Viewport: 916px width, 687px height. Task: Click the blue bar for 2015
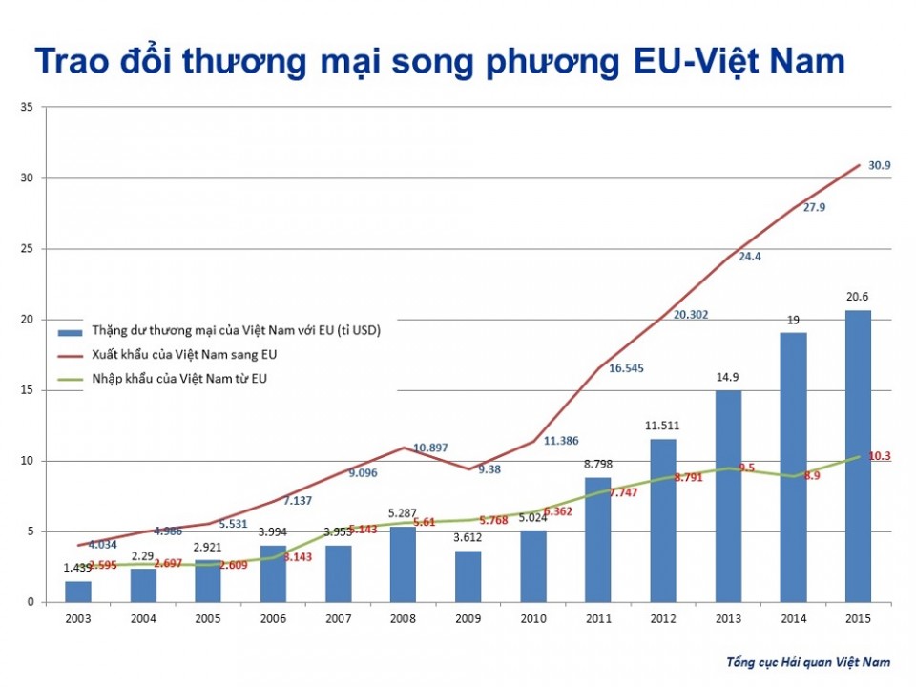click(857, 456)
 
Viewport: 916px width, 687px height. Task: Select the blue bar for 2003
click(78, 592)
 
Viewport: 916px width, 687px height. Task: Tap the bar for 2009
click(468, 576)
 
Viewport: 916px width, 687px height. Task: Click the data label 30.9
click(880, 165)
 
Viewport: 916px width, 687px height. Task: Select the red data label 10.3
click(880, 456)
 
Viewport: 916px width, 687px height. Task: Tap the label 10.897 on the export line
click(430, 448)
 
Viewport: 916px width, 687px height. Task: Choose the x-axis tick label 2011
click(597, 619)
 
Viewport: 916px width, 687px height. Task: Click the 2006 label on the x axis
click(273, 619)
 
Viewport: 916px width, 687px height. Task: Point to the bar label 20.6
click(857, 297)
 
